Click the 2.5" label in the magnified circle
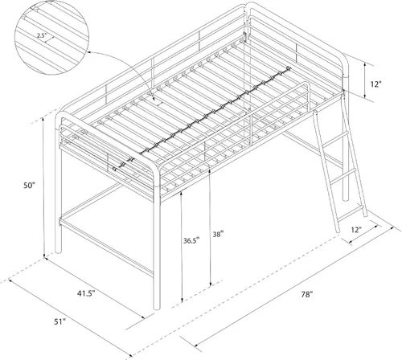tap(42, 35)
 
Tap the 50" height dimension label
tap(29, 185)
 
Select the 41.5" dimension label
tap(86, 293)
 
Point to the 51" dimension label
tap(60, 321)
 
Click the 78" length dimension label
tap(307, 294)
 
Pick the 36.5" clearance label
tap(191, 240)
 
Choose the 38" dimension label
tap(218, 234)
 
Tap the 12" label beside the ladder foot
tap(356, 230)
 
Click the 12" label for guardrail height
tap(376, 84)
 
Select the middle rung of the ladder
tap(343, 176)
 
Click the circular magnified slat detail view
tap(51, 38)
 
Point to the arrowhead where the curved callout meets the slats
tap(154, 98)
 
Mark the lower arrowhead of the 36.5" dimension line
tap(183, 300)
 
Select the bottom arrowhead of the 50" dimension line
tap(44, 256)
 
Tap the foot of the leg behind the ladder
tap(346, 198)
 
